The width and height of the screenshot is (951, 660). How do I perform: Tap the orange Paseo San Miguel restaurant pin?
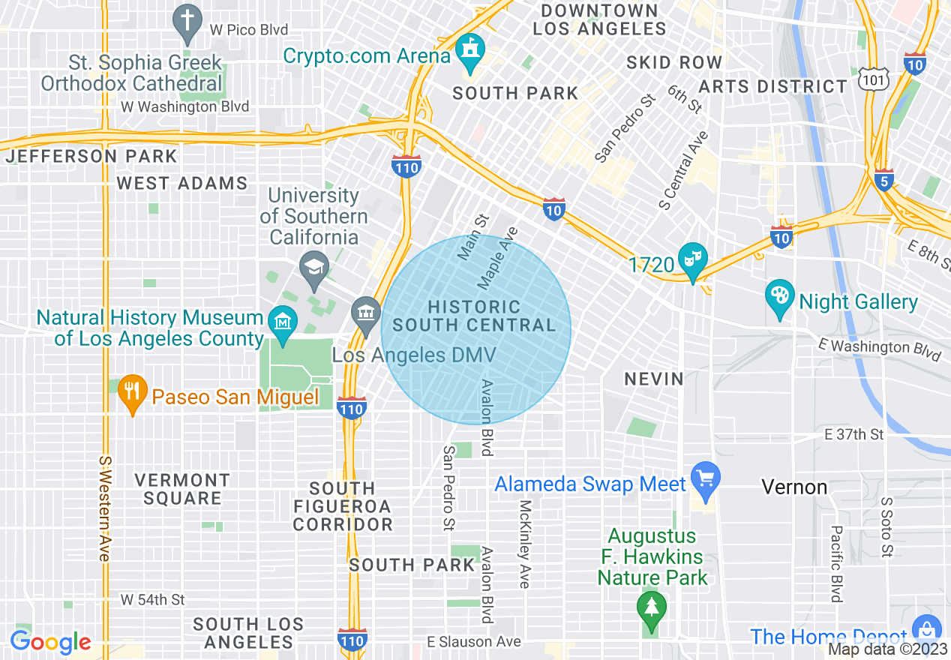133,393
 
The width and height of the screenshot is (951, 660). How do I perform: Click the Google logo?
50,642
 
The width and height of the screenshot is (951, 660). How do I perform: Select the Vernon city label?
794,487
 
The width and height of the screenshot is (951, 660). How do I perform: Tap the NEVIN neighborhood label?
654,379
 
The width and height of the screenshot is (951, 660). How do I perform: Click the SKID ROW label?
673,62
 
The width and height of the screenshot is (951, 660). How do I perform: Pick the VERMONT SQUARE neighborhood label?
182,489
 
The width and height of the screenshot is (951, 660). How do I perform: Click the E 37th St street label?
853,434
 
